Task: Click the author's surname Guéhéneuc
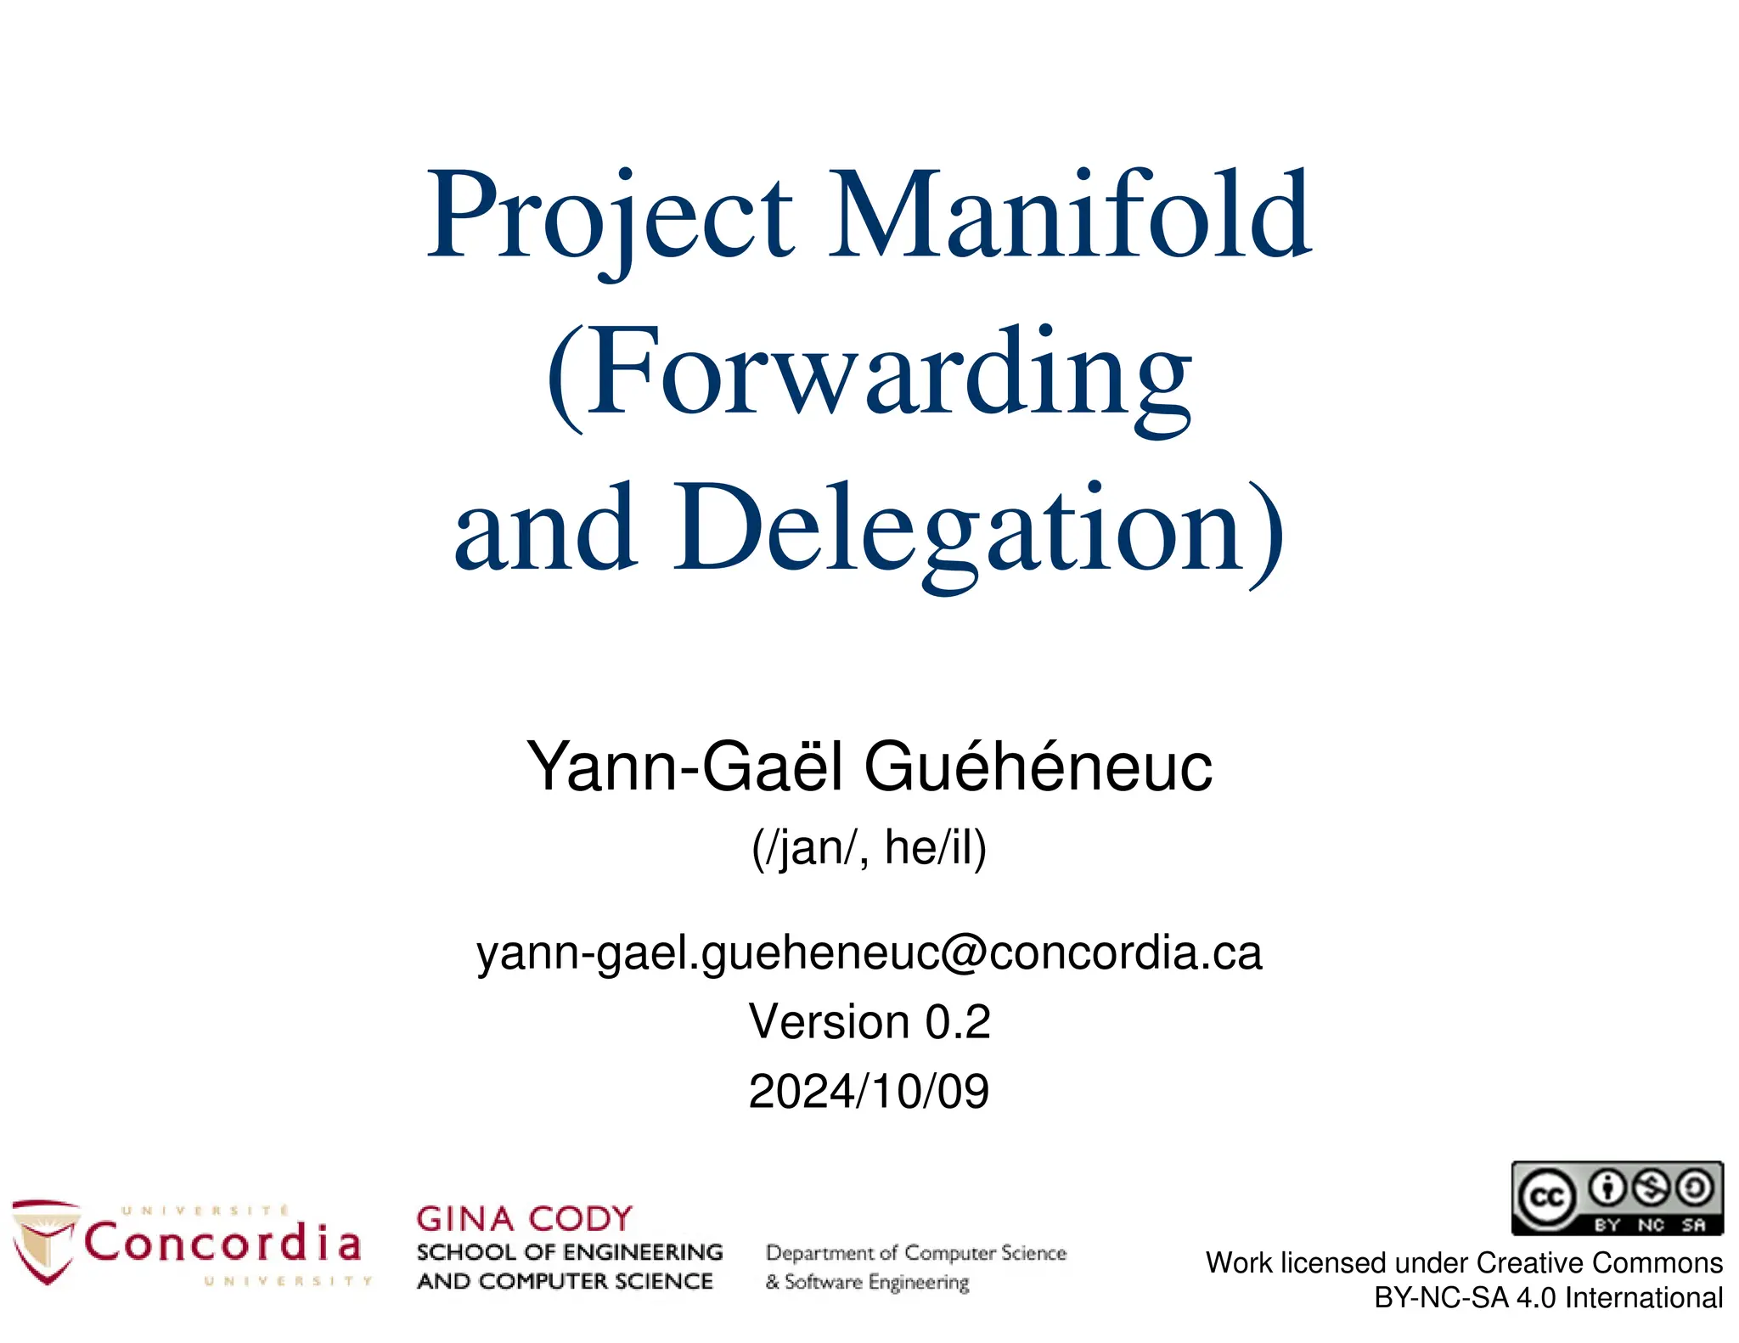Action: coord(1038,767)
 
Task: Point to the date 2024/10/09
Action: coord(869,1092)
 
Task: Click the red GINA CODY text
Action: coord(524,1219)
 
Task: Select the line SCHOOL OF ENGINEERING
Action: coord(570,1253)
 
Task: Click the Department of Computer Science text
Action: coord(915,1254)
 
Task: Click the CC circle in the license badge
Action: coord(1545,1198)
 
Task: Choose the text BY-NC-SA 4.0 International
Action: coord(1548,1298)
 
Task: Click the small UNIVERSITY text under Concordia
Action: coord(288,1281)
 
